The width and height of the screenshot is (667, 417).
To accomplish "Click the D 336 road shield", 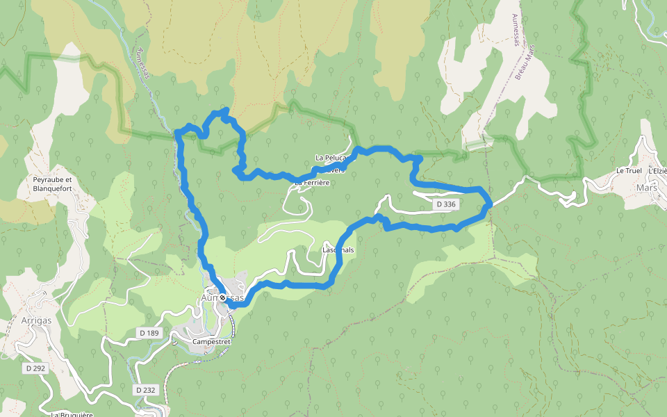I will click(446, 204).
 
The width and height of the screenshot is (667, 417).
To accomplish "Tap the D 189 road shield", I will click(148, 334).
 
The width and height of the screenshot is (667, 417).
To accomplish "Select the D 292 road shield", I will click(34, 368).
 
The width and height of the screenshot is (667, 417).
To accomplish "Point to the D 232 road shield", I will click(145, 390).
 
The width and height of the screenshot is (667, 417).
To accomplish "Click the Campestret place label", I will click(211, 343).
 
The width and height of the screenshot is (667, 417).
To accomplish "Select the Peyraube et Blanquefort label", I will click(53, 183).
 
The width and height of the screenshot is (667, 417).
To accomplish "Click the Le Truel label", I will click(629, 171).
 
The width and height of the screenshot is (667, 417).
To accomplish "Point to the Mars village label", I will click(646, 188).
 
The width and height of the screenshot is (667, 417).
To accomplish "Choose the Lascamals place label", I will click(338, 250).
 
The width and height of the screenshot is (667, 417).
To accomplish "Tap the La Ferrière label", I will click(311, 183).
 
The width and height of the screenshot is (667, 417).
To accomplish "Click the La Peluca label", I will click(330, 158).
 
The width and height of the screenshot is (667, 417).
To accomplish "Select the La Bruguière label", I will click(72, 414).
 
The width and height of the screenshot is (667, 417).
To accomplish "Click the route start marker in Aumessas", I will click(223, 298).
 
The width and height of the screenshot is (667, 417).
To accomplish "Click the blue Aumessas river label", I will click(144, 63).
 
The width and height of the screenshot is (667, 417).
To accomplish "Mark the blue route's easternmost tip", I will click(491, 202).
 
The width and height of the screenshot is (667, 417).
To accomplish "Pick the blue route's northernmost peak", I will click(225, 110).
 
